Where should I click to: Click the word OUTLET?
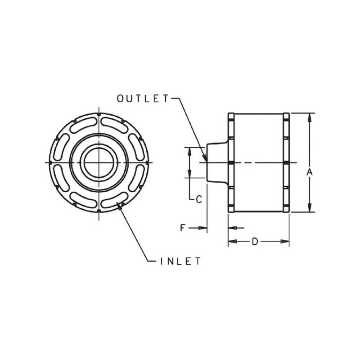coord(143,99)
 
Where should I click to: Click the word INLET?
coord(180,261)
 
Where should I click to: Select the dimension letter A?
coord(310,172)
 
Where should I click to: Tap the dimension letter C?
coord(199,199)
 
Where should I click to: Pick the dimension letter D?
coord(255,242)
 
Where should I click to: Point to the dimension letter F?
coord(183,228)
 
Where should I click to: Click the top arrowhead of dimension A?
coord(310,117)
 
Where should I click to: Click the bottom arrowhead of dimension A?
coord(310,208)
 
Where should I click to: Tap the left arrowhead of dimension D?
coord(233,241)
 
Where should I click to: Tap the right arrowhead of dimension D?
coord(285,241)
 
